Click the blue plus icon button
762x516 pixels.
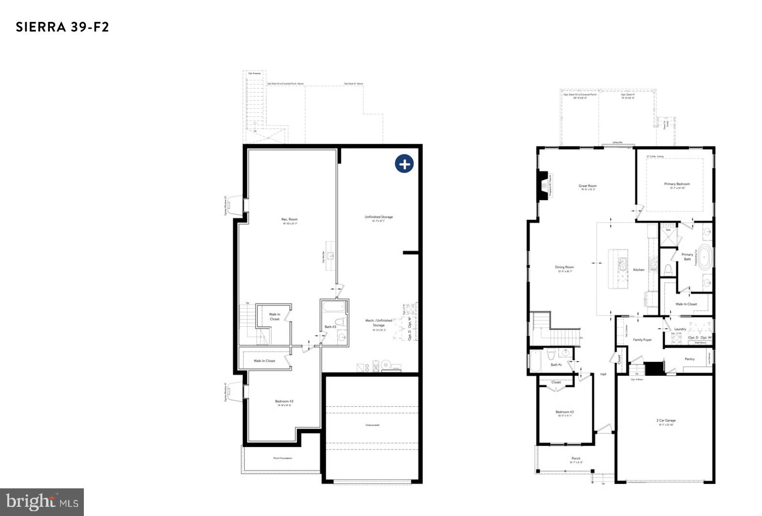pyautogui.click(x=404, y=164)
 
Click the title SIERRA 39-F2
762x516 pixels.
pyautogui.click(x=63, y=27)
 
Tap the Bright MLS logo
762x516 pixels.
pyautogui.click(x=42, y=501)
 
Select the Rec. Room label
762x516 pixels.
pyautogui.click(x=289, y=220)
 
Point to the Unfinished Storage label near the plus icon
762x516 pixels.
pyautogui.click(x=379, y=217)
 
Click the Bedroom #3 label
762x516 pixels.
pyautogui.click(x=284, y=401)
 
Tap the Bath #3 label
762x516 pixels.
pyautogui.click(x=330, y=327)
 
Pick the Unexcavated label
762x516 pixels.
pyautogui.click(x=372, y=425)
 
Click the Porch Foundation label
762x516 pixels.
pyautogui.click(x=283, y=458)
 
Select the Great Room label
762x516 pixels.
pyautogui.click(x=587, y=186)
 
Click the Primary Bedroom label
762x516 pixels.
pyautogui.click(x=677, y=184)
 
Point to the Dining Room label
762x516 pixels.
pyautogui.click(x=564, y=267)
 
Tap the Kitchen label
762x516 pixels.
pyautogui.click(x=639, y=270)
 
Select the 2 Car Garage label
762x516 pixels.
pyautogui.click(x=667, y=420)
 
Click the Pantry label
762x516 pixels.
pyautogui.click(x=689, y=359)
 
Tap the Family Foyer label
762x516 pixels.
pyautogui.click(x=642, y=340)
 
